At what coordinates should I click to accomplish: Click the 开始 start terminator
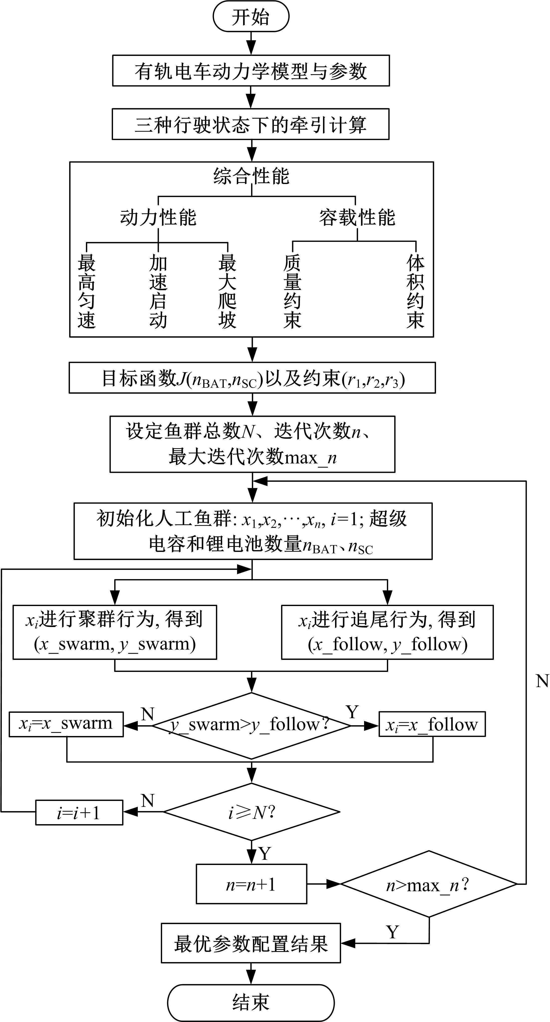click(x=251, y=17)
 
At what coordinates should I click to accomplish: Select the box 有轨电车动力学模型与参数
click(x=251, y=71)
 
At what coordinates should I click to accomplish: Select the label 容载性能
click(x=357, y=217)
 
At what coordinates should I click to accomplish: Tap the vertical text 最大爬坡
click(x=227, y=291)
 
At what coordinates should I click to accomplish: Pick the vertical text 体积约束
click(x=415, y=291)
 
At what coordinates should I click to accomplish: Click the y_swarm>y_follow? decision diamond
click(x=251, y=724)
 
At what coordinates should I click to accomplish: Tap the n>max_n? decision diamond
click(x=428, y=884)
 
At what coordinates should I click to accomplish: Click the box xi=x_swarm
click(x=66, y=724)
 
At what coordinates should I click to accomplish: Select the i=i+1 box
click(x=79, y=812)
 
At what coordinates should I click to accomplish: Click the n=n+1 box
click(x=251, y=884)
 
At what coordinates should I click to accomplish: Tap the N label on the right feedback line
click(x=542, y=681)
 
